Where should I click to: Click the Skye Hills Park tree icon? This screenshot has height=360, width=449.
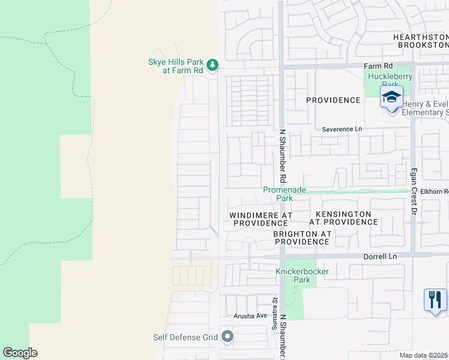point(212,64)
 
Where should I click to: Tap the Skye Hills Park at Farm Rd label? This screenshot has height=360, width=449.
point(175,65)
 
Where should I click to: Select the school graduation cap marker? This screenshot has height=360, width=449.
point(391,97)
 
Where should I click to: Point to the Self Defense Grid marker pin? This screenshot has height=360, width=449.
point(227,337)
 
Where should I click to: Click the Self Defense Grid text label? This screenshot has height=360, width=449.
point(185,337)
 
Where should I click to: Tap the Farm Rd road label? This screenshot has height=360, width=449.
point(378,65)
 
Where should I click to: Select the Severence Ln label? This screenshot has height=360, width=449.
point(342,129)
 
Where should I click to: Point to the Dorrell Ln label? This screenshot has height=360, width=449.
point(381,256)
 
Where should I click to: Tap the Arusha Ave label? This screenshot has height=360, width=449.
point(250,316)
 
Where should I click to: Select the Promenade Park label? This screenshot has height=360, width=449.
point(285,193)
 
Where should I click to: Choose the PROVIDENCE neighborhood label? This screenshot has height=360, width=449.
point(333,100)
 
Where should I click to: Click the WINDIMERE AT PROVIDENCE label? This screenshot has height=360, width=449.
point(261,218)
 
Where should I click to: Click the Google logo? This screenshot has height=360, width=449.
point(20,353)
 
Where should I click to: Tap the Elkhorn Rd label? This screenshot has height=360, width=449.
point(430,191)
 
